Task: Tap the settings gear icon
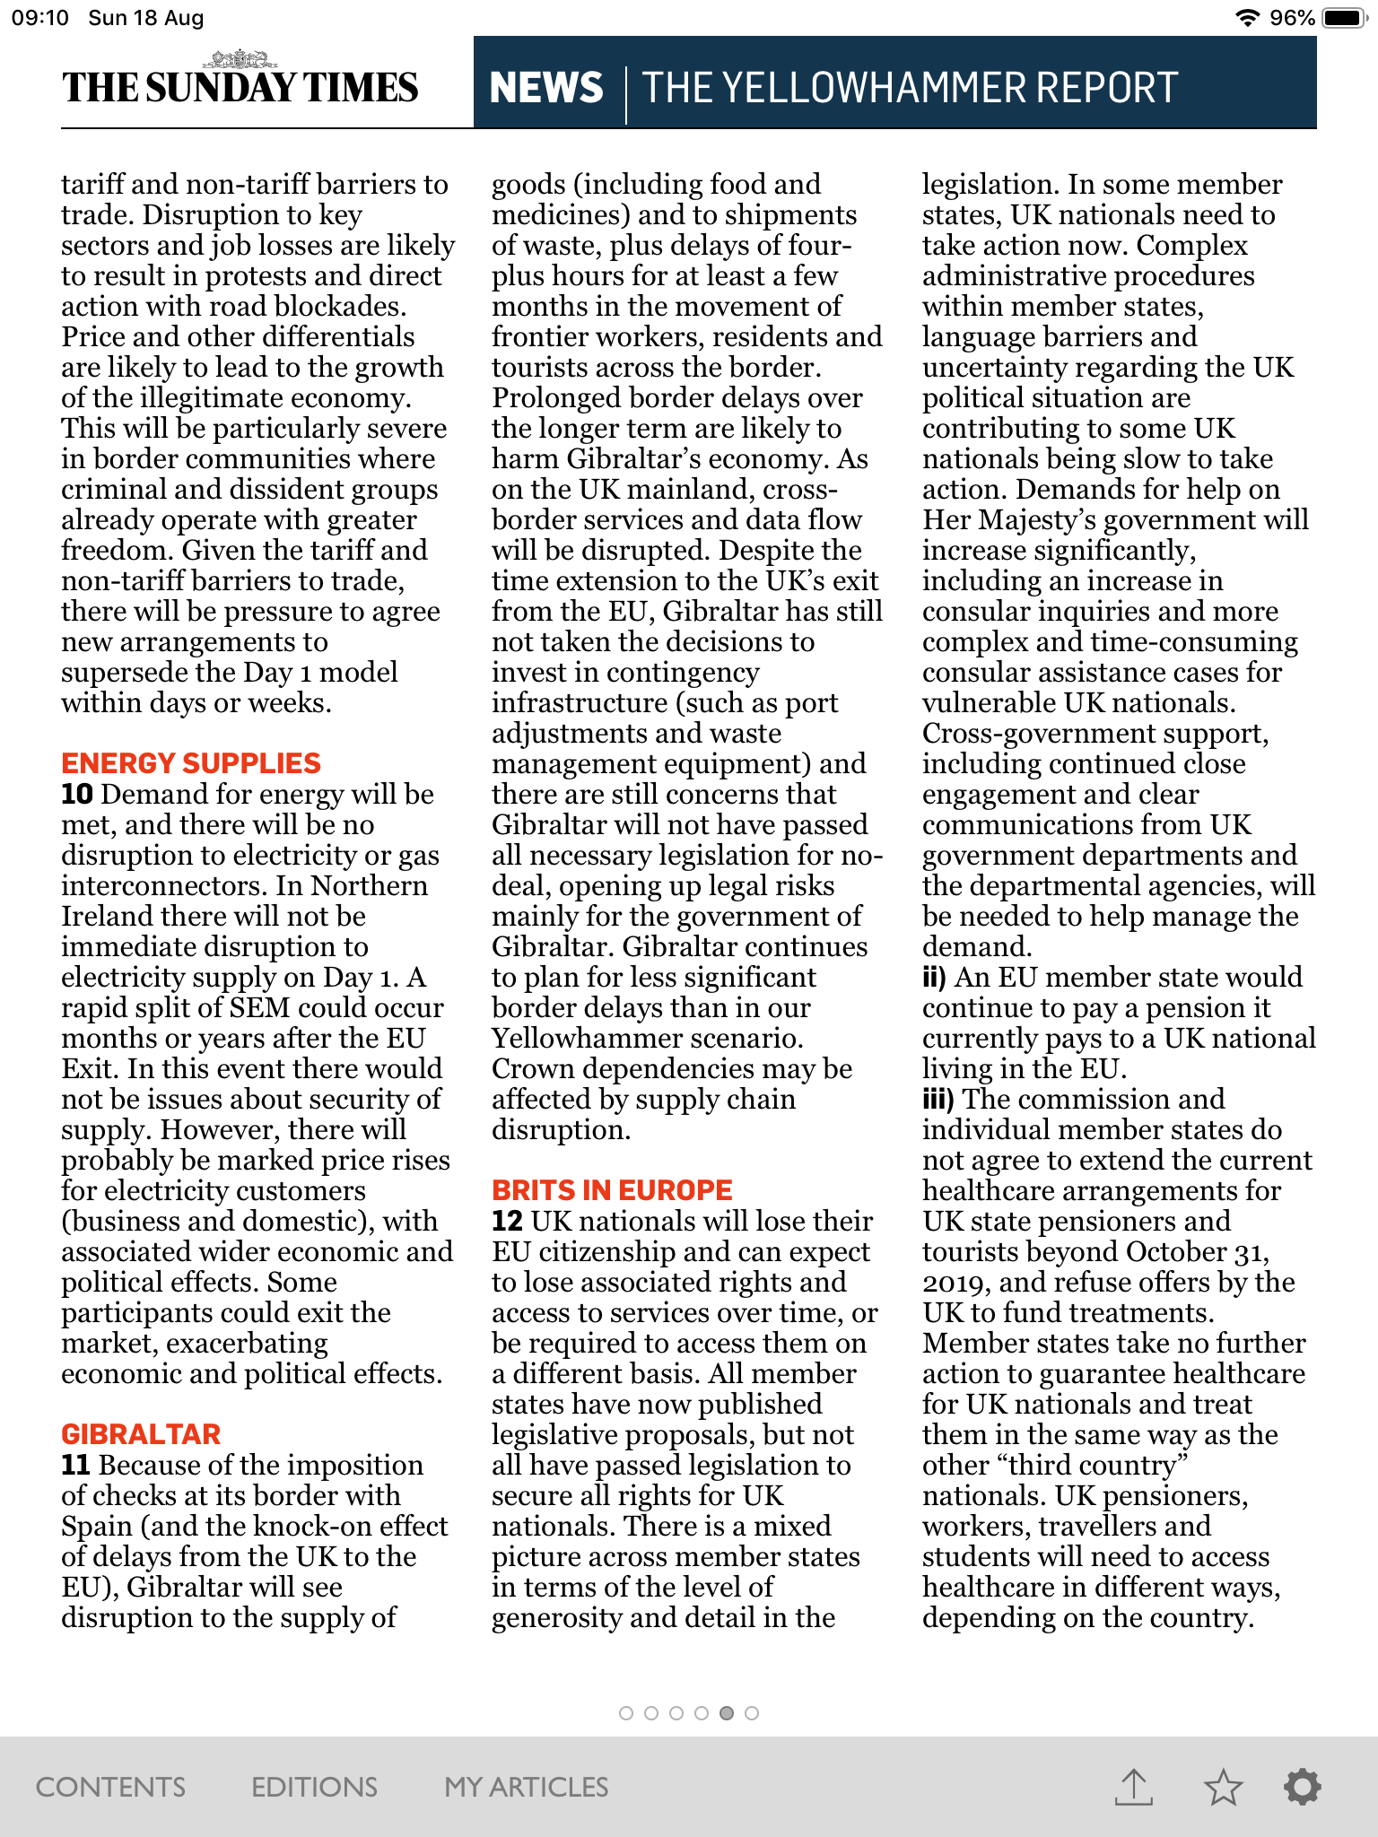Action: click(1302, 1787)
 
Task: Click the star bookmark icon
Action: click(1223, 1787)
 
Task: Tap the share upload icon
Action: click(1134, 1787)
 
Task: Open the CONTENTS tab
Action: click(110, 1787)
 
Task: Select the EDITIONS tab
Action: click(314, 1787)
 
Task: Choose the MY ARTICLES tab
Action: click(527, 1787)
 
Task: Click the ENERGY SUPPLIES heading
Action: click(191, 763)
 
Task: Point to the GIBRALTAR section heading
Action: click(141, 1434)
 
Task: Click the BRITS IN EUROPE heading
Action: click(612, 1190)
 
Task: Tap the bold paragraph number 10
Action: click(77, 795)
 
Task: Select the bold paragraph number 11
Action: click(75, 1466)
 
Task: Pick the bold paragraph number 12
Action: click(507, 1222)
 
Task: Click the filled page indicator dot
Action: click(727, 1713)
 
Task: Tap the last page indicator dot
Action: click(752, 1713)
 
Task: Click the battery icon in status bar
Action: click(1344, 18)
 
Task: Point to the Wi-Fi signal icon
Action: click(1247, 18)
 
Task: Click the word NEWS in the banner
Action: click(546, 88)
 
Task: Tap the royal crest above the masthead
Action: click(240, 60)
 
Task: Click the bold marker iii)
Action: click(938, 1100)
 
